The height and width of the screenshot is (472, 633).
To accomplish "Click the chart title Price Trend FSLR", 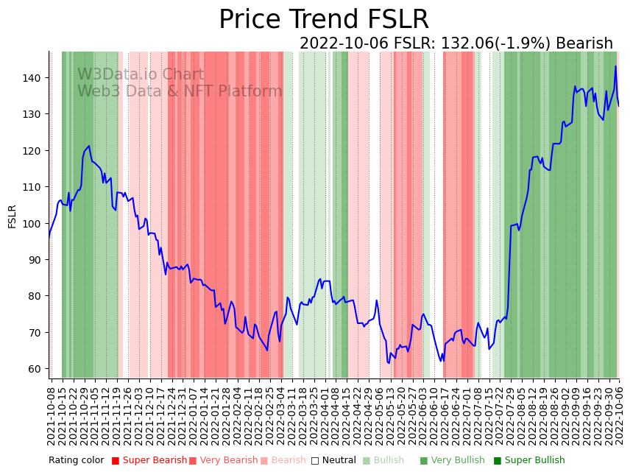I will pyautogui.click(x=324, y=20).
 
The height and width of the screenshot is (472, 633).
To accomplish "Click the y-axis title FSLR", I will pyautogui.click(x=13, y=216).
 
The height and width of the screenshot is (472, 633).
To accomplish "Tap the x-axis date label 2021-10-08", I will pyautogui.click(x=52, y=416).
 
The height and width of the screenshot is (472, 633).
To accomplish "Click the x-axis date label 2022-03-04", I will pyautogui.click(x=282, y=416).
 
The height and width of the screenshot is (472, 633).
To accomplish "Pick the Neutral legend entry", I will pyautogui.click(x=333, y=461).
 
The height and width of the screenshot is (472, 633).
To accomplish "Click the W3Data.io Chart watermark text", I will pyautogui.click(x=141, y=75).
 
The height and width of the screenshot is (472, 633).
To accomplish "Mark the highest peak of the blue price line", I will pyautogui.click(x=616, y=67).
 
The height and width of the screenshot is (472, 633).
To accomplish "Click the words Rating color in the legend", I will pyautogui.click(x=77, y=461).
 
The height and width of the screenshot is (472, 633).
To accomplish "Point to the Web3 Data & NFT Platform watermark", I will pyautogui.click(x=180, y=91).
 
